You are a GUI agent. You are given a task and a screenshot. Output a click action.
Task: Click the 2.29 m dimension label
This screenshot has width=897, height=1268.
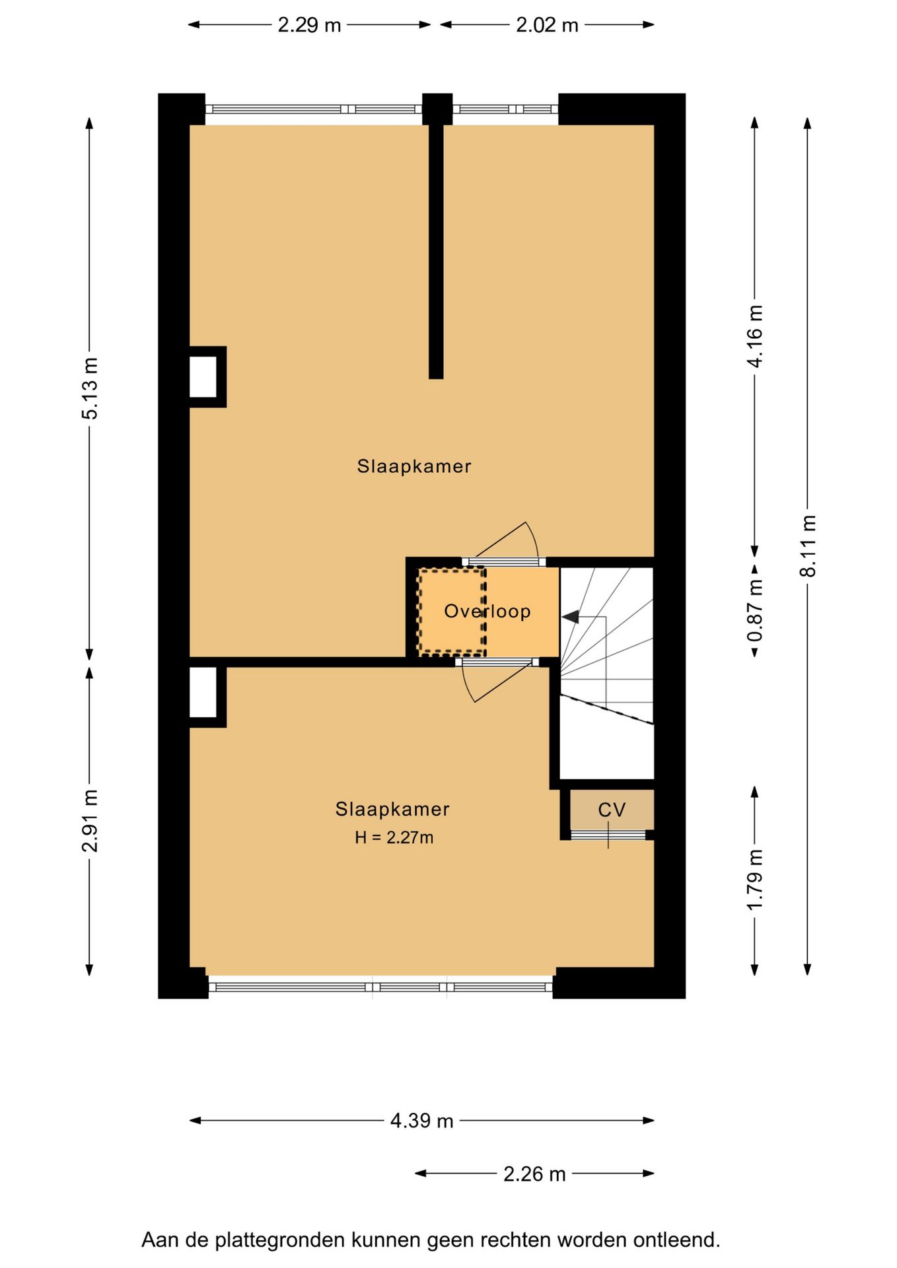pos(309,25)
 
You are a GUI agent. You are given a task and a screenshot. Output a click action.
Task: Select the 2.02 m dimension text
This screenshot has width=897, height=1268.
pos(547,25)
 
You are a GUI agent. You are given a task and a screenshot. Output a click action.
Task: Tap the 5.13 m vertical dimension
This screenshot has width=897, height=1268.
pos(90,388)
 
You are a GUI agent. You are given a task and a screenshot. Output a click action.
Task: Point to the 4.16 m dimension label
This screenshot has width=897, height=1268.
pos(754,335)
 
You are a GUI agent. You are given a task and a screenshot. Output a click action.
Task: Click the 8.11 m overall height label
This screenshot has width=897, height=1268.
pos(808,546)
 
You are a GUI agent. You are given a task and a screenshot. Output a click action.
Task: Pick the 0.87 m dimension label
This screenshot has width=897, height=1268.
pos(754,610)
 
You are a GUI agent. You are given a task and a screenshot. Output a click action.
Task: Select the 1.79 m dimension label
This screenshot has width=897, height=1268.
pos(754,880)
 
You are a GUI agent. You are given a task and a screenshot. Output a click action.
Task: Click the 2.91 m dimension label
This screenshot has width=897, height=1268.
pos(90,820)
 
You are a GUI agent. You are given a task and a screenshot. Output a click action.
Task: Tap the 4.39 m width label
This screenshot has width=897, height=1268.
pos(421,1121)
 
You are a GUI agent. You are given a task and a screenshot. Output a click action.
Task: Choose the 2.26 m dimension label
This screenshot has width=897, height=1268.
pos(534,1174)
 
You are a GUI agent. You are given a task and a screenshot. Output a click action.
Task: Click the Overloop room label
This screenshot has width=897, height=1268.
pos(487,612)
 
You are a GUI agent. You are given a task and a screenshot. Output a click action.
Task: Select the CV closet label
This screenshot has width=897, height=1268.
pos(612,810)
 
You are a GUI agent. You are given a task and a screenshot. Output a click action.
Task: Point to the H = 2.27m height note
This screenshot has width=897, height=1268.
pos(394,837)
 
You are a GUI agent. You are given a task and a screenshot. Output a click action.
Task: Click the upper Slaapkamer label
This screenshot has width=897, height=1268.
pos(414,466)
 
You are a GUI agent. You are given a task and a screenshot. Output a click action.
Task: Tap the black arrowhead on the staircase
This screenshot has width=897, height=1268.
pos(571,617)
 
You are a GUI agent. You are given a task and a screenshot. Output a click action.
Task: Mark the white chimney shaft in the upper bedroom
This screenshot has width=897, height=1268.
pos(203,376)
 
